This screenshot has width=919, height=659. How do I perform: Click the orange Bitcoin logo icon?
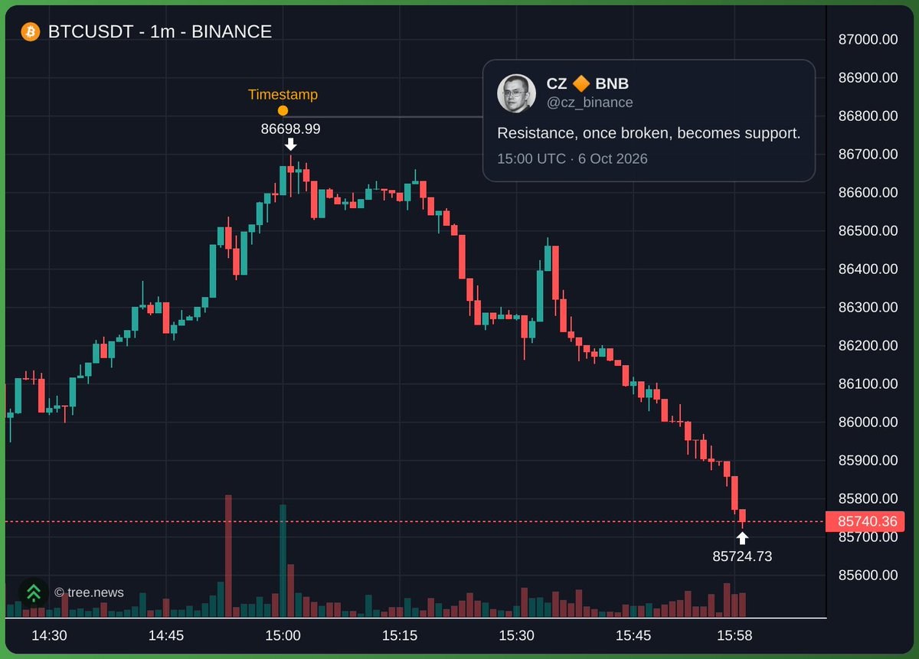click(x=31, y=31)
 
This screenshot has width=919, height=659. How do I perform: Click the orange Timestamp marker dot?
click(x=283, y=110)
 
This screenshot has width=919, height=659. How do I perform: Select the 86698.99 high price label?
click(x=290, y=129)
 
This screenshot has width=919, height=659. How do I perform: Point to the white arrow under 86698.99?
click(x=290, y=145)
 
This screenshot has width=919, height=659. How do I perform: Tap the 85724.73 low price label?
click(x=742, y=556)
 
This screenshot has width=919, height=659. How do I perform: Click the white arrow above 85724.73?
click(x=742, y=538)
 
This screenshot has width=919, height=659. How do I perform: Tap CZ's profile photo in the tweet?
click(x=516, y=93)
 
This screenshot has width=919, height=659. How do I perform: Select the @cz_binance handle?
click(x=590, y=102)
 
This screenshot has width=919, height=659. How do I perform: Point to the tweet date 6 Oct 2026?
click(x=613, y=158)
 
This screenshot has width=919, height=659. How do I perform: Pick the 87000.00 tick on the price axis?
click(x=868, y=39)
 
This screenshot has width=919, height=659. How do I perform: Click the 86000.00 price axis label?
click(x=868, y=422)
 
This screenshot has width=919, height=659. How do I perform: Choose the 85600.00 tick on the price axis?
click(x=868, y=575)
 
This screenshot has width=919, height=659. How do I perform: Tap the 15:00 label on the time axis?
click(x=283, y=635)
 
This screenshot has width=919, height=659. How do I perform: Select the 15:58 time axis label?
click(x=734, y=635)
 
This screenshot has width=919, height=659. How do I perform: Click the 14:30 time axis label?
click(x=49, y=635)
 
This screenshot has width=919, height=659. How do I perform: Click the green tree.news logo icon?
click(x=34, y=592)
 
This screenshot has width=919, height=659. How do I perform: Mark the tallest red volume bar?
click(x=228, y=556)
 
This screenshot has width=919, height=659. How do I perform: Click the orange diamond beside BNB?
click(x=581, y=83)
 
